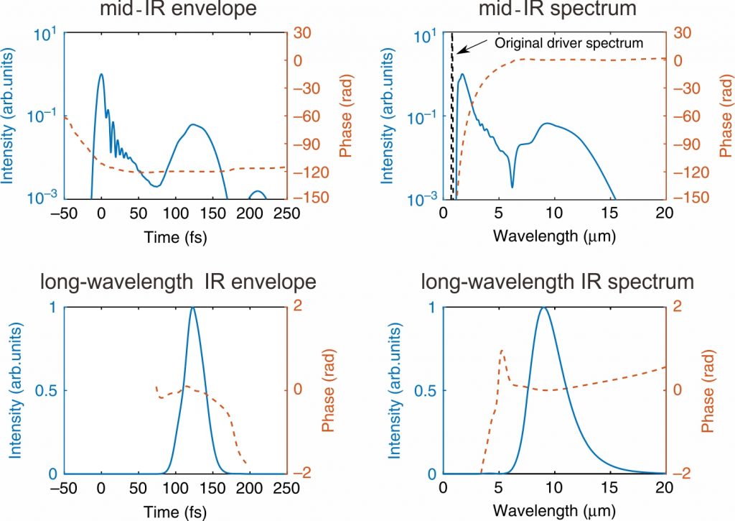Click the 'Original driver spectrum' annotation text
click(x=569, y=43)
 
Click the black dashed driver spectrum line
click(x=453, y=108)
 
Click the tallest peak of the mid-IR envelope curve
click(x=101, y=74)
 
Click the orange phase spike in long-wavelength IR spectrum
click(x=502, y=351)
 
